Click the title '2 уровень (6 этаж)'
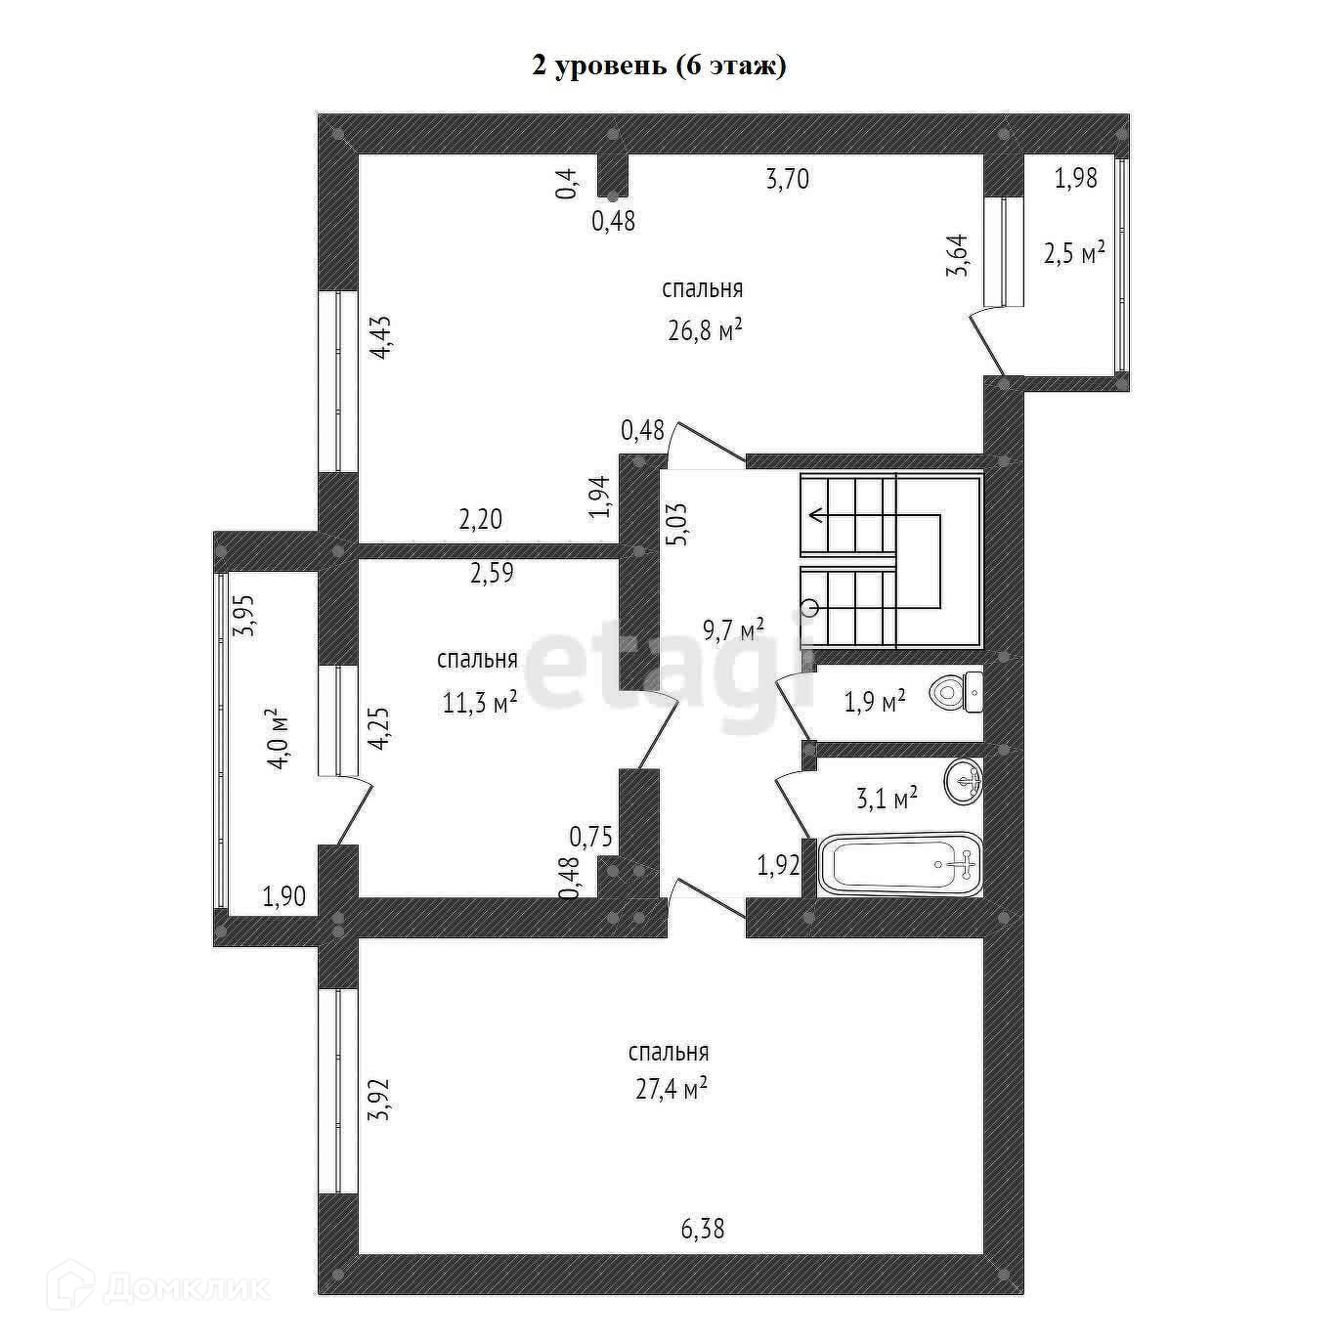point(658,65)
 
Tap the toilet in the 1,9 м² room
point(957,692)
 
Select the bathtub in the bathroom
point(898,863)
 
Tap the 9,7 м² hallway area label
point(733,629)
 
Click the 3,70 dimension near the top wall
point(787,180)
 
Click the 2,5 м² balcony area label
point(1073,253)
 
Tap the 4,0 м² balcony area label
point(281,739)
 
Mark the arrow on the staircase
point(812,517)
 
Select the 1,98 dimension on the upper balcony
point(1075,179)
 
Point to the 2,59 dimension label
point(492,574)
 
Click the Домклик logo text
point(186,1288)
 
